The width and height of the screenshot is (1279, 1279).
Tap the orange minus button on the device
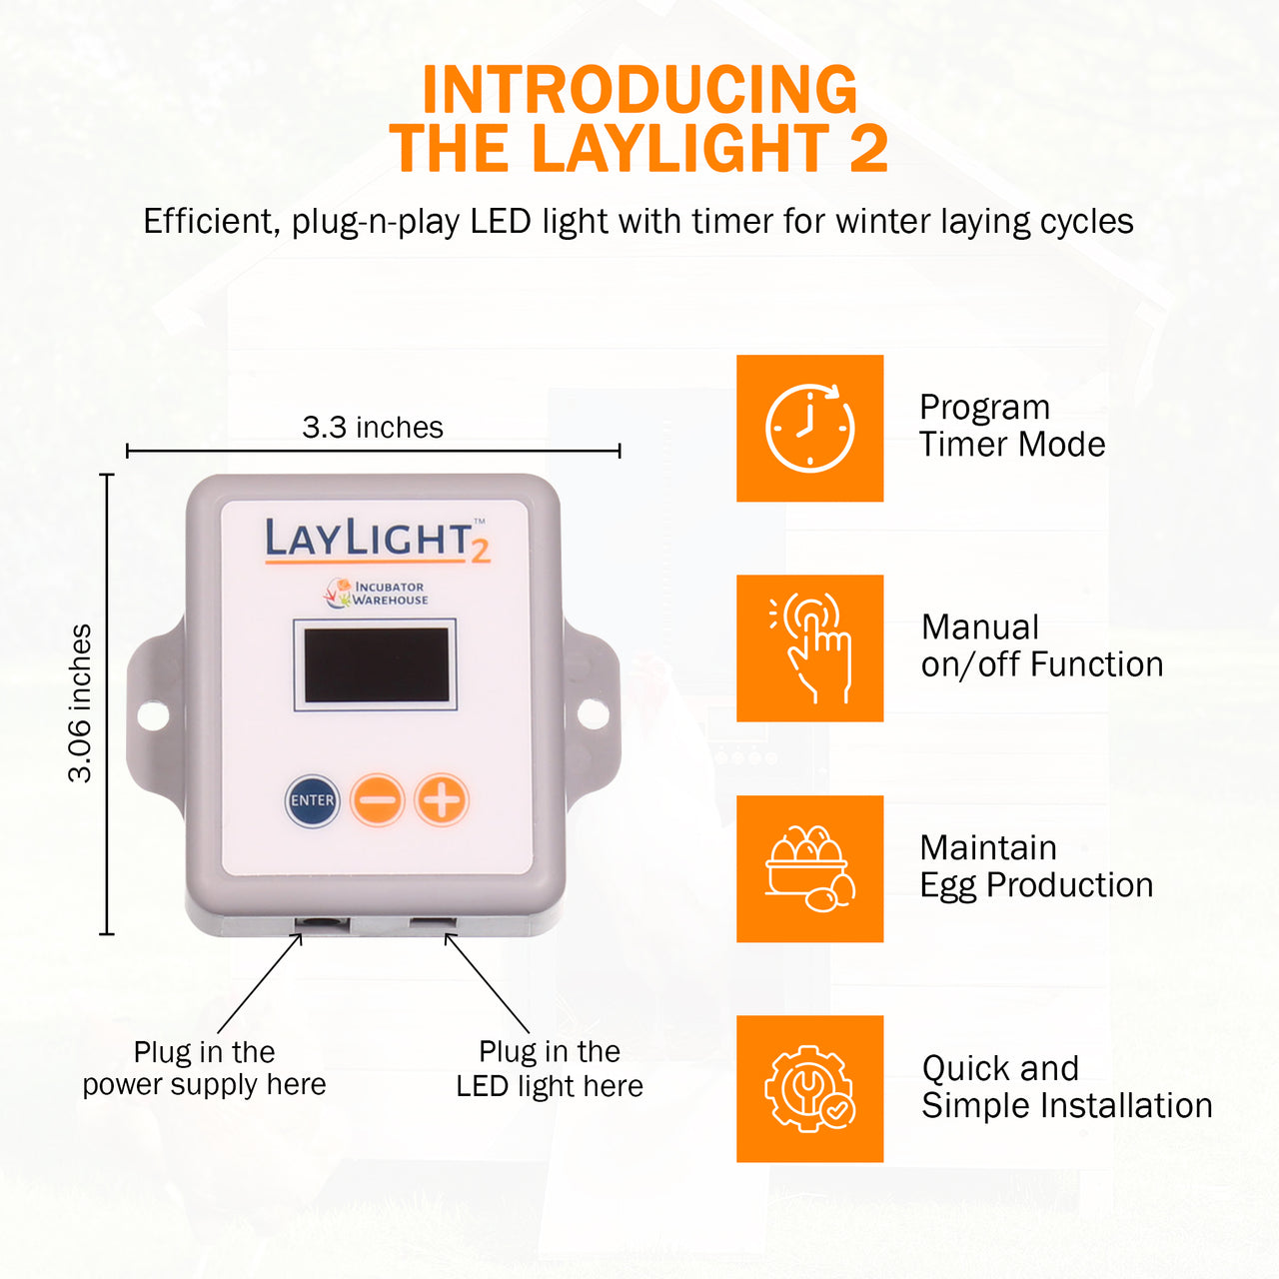[x=377, y=799]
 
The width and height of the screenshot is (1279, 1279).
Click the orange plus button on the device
[x=442, y=799]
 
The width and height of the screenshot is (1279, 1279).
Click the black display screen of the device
[x=377, y=664]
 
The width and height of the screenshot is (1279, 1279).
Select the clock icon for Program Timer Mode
[x=809, y=428]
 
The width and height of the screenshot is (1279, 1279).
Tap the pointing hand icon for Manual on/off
[x=810, y=647]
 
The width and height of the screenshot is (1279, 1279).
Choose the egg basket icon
[x=809, y=868]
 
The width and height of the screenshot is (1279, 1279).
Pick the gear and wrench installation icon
[x=809, y=1088]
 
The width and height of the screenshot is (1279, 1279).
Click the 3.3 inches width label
[x=373, y=428]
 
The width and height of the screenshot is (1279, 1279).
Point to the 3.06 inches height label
[x=80, y=703]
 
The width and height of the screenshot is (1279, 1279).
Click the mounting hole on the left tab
[x=153, y=716]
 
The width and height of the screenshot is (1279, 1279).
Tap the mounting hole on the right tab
[x=593, y=712]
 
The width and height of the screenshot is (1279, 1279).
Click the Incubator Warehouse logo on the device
[x=376, y=593]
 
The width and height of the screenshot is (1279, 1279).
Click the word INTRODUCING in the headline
[x=639, y=90]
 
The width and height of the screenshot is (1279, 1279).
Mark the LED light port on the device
[x=432, y=922]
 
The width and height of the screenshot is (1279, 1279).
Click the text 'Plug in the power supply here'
[x=205, y=1068]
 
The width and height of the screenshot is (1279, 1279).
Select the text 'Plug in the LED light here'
[x=550, y=1068]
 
